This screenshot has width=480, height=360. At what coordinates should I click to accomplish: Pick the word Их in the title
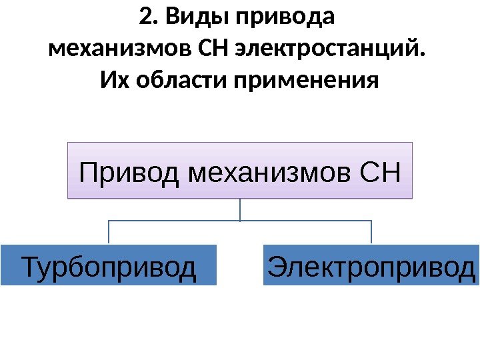114,81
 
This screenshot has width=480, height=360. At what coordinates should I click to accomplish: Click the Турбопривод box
109,265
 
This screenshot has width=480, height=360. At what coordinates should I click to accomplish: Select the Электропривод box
371,265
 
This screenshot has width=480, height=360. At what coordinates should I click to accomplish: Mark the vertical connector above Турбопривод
109,232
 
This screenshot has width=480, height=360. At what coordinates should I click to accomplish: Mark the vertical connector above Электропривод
371,232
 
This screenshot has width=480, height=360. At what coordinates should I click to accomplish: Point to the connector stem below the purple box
240,209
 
